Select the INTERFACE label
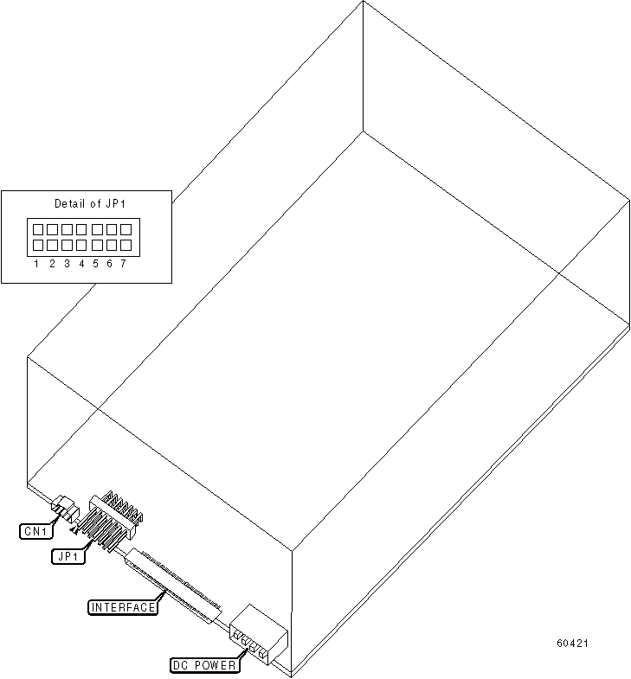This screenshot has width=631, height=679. click(x=124, y=607)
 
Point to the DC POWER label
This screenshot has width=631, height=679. click(x=203, y=665)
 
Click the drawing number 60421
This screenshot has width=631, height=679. click(x=574, y=644)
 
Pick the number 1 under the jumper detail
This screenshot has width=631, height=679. click(x=37, y=264)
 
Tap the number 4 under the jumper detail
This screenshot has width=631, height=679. click(x=81, y=264)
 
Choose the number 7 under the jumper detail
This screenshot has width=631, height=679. click(x=124, y=264)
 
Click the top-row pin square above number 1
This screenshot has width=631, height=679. click(x=38, y=230)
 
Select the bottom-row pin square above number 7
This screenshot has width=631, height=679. click(x=126, y=246)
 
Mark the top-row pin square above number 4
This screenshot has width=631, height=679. click(x=81, y=230)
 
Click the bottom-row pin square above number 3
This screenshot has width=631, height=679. click(x=67, y=246)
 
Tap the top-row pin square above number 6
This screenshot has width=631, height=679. click(x=111, y=230)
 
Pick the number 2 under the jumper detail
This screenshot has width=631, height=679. click(x=52, y=264)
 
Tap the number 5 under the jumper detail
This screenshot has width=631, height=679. click(x=96, y=264)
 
